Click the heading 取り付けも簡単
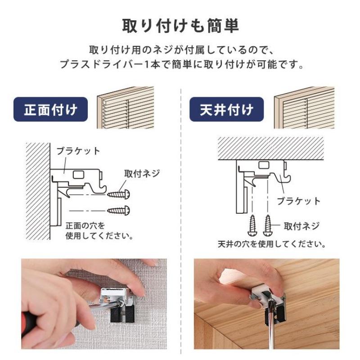tap(180, 26)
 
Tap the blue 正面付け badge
tap(50, 109)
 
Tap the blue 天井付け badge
tap(226, 109)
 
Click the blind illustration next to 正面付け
tap(126, 108)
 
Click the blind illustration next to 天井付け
tap(304, 108)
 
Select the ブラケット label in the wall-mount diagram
tap(78, 151)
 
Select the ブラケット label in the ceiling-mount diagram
tap(298, 201)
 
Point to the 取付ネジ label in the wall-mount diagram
tap(142, 174)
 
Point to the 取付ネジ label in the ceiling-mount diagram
tap(301, 226)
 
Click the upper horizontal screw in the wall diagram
tap(118, 194)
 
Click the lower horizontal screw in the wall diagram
tap(118, 210)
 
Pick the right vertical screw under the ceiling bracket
tap(267, 225)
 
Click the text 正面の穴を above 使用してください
tap(85, 226)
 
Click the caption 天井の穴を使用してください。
tap(272, 244)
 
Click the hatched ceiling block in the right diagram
tap(271, 148)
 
